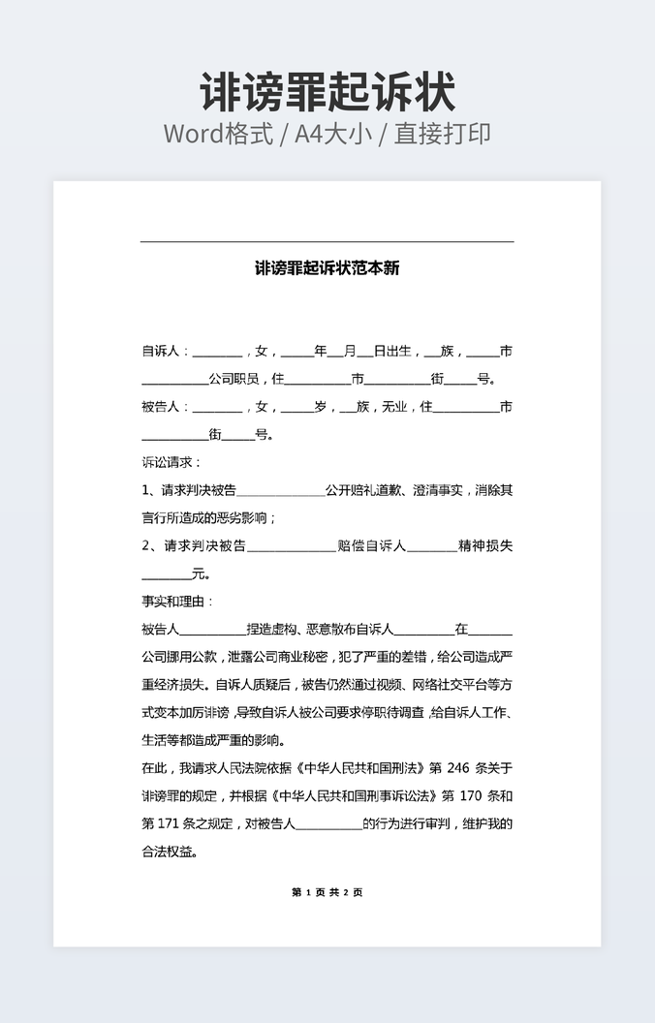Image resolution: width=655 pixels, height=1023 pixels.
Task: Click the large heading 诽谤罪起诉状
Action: [327, 93]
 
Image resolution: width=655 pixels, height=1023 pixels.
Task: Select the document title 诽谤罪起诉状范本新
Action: [327, 268]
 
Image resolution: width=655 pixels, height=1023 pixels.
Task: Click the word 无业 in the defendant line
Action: [394, 407]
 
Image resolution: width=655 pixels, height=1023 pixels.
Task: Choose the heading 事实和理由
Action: [170, 602]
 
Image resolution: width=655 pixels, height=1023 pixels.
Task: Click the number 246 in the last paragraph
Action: [458, 768]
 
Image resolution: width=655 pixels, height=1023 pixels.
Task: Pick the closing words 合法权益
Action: [170, 852]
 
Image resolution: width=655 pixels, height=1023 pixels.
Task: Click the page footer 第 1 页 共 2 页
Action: [327, 892]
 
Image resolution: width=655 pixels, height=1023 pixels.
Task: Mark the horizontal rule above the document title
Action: [327, 241]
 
